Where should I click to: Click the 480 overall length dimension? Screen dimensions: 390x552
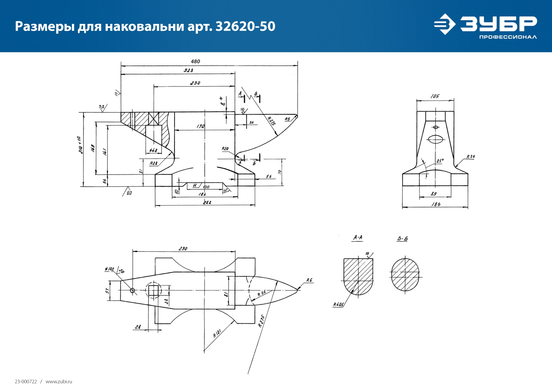pos(195,62)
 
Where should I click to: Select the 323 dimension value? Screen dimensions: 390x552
pos(188,70)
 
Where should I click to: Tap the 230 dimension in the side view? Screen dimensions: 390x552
pos(195,83)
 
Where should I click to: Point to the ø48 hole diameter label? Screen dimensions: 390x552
pos(153,150)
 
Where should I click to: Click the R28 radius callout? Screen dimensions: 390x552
pos(154,163)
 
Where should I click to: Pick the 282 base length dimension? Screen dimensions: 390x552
pos(207,202)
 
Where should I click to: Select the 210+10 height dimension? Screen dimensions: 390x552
pos(80,145)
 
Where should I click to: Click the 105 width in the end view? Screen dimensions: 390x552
pos(435,96)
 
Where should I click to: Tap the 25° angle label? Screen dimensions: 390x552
pos(440,161)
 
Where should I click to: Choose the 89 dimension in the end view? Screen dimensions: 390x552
pos(434,194)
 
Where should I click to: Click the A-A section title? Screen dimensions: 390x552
pos(358,238)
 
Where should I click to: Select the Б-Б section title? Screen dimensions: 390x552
pos(402,239)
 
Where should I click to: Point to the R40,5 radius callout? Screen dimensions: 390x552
pos(338,305)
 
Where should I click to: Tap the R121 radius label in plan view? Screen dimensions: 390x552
pos(217,334)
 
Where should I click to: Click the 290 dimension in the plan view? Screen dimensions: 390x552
pos(183,249)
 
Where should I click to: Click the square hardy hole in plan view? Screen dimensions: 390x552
pos(154,290)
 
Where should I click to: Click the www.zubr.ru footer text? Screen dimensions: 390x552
pos(59,382)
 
